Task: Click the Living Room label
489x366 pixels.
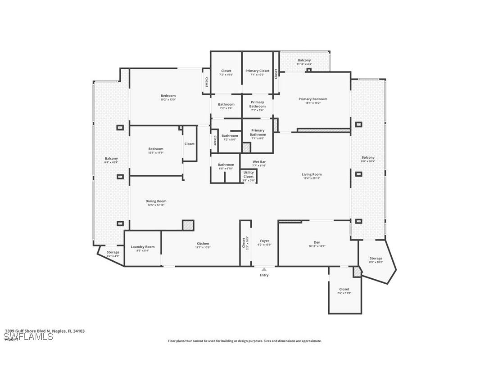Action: point(312,174)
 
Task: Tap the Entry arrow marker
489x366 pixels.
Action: point(264,269)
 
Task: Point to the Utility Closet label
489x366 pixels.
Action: point(249,174)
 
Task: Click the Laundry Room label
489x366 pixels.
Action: point(142,247)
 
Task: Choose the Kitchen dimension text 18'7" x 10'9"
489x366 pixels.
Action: point(203,248)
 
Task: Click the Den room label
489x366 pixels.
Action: point(317,242)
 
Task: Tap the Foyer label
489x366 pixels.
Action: point(264,241)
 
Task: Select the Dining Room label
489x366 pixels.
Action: point(156,201)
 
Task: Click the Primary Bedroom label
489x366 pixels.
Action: point(312,99)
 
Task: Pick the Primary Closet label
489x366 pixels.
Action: point(257,71)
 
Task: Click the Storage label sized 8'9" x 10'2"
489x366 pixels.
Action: point(376,258)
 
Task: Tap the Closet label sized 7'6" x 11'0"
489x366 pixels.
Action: point(344,289)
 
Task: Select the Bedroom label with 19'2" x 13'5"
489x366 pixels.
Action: point(168,95)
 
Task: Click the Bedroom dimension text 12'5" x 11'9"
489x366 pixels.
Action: point(156,153)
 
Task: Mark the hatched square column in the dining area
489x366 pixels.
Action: point(188,225)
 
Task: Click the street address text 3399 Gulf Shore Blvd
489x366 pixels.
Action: point(45,331)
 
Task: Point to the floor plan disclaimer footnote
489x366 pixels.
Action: point(244,341)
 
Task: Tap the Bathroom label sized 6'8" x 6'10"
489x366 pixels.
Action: point(226,165)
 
